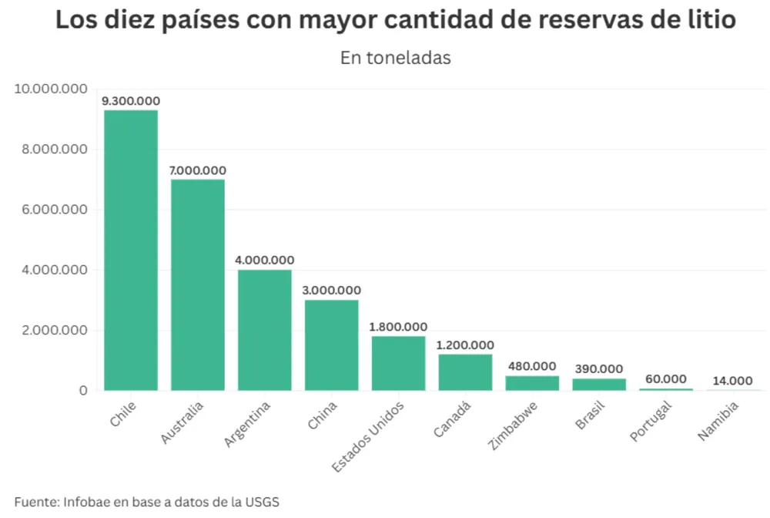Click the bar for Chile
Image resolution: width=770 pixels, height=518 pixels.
[x=131, y=250]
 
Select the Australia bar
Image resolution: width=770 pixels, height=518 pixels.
[x=198, y=284]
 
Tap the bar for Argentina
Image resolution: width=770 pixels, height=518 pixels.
[x=265, y=330]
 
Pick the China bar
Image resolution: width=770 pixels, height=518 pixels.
[x=332, y=345]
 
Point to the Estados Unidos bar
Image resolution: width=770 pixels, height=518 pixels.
[x=399, y=363]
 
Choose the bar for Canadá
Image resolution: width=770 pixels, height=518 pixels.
[x=466, y=372]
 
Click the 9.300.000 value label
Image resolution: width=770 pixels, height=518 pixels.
[x=131, y=101]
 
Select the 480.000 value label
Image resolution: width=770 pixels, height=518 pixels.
[x=532, y=366]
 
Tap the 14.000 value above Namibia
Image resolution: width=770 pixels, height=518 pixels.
[x=732, y=380]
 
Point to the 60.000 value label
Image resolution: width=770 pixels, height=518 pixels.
[x=665, y=378]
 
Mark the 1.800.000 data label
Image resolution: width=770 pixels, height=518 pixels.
[x=398, y=327]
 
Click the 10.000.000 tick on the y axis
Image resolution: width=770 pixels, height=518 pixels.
[x=51, y=89]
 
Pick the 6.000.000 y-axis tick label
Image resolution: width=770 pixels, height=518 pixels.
[x=55, y=210]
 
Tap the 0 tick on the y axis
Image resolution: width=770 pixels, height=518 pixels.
[x=82, y=391]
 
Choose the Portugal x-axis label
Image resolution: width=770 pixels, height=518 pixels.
[x=651, y=420]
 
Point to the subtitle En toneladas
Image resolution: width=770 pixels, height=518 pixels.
[x=395, y=58]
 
